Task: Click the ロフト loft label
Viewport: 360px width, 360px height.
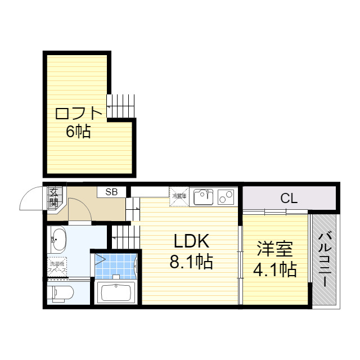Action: coord(79,113)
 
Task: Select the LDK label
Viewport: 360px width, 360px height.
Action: coord(191,241)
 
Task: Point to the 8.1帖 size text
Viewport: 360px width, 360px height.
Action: coord(191,262)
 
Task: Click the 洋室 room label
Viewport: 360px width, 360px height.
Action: coord(274,248)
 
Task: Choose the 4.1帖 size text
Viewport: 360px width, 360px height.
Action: coord(274,270)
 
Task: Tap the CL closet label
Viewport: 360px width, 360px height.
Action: coord(289,198)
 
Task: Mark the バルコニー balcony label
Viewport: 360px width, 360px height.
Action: coord(325,260)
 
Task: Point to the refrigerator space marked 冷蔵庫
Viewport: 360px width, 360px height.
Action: coord(179,196)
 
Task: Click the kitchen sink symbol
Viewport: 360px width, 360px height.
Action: coord(203,197)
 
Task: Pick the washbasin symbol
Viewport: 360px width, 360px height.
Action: coord(58,241)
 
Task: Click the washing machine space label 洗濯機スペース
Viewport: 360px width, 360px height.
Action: coord(57,267)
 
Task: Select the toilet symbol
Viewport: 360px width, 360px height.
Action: coord(60,293)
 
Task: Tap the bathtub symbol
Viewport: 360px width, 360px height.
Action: coord(115,293)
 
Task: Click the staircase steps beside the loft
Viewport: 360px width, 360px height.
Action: coord(121,105)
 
